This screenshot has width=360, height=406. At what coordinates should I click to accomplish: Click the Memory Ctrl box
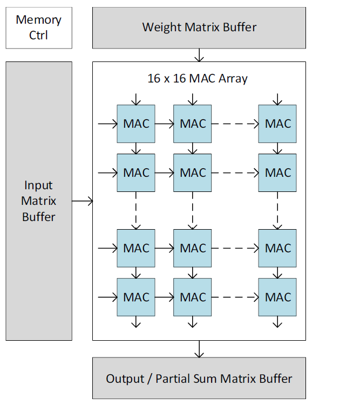point(39,27)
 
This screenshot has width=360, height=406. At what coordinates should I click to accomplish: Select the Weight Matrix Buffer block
point(199,27)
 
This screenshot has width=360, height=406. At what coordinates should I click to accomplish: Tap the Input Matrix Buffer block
point(39,201)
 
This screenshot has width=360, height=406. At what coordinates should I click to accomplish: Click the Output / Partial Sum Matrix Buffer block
point(199,379)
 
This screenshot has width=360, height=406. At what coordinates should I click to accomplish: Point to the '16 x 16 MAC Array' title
point(198,78)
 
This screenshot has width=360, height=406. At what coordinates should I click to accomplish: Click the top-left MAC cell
point(136,123)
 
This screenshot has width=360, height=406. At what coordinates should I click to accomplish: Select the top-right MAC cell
point(277,123)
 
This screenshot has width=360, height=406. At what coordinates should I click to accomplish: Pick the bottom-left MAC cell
point(136,297)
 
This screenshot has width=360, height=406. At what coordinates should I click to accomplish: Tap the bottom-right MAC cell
point(277,297)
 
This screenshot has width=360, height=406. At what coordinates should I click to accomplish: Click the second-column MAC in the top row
point(193,123)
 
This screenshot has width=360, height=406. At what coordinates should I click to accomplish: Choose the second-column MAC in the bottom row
point(193,297)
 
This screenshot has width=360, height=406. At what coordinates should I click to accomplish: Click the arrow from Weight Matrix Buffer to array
point(199,55)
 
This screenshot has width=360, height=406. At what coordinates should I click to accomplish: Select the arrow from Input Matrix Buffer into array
point(83,201)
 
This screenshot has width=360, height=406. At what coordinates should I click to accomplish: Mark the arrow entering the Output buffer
point(199,349)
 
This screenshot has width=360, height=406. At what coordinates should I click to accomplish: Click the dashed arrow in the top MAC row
point(235,123)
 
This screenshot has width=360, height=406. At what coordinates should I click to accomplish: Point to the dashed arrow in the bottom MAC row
point(235,297)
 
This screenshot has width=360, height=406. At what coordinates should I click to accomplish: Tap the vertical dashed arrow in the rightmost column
point(277,210)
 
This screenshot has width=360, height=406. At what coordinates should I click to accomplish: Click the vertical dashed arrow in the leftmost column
point(136,210)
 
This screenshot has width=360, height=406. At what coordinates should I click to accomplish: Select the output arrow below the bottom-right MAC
point(277,322)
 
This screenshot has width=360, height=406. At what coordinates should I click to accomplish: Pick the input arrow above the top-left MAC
point(136,99)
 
